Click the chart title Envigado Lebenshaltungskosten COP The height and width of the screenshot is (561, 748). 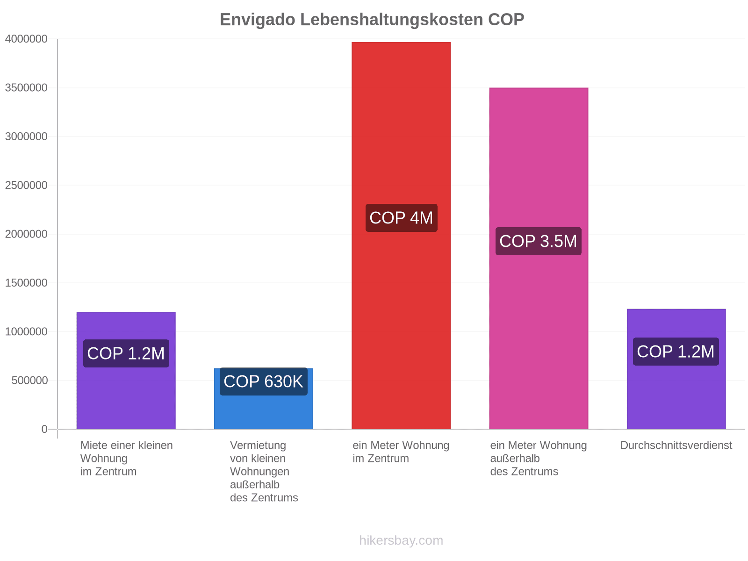[x=372, y=20]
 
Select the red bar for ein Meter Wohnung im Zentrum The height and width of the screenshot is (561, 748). [x=401, y=235]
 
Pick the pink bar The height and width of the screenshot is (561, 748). [x=539, y=258]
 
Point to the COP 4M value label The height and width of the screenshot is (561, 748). [x=401, y=218]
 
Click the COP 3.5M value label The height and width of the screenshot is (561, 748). [x=538, y=241]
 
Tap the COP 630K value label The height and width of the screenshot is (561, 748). [x=263, y=381]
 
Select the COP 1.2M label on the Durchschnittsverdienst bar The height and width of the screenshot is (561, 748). [x=676, y=352]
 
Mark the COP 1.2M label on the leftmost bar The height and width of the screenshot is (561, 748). [x=126, y=353]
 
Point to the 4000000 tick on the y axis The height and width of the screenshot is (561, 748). [x=26, y=39]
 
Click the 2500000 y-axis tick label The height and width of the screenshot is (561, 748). [x=26, y=185]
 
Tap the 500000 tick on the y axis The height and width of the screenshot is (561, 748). [x=29, y=381]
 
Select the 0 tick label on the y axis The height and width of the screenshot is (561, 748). [x=44, y=429]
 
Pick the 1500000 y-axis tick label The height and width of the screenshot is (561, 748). [x=26, y=283]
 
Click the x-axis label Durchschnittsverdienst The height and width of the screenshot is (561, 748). [x=676, y=445]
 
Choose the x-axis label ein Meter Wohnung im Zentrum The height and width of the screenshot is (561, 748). [x=401, y=452]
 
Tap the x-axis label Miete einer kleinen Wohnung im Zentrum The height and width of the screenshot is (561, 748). [x=126, y=458]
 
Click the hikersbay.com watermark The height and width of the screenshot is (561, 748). [x=401, y=540]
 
